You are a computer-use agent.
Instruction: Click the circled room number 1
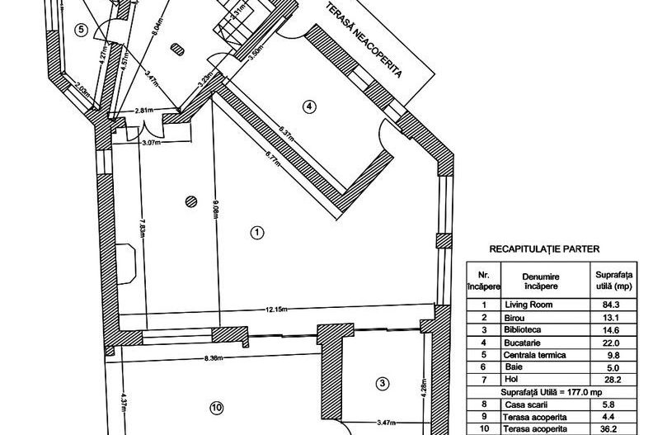tap(257, 232)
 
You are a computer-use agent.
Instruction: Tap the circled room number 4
tap(308, 106)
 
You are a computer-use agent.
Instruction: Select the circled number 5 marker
tap(81, 30)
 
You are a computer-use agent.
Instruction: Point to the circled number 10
tap(217, 408)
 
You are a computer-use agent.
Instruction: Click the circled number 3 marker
tap(383, 383)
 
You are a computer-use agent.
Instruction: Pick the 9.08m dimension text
tap(216, 209)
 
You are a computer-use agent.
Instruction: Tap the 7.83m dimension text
tap(143, 227)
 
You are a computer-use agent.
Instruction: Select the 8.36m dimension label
tap(214, 357)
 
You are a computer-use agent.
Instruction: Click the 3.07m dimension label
tap(151, 142)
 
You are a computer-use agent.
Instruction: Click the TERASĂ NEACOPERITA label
tap(364, 40)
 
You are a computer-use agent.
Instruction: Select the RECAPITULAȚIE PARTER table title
tap(544, 249)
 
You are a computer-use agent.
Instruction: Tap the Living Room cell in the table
tap(529, 305)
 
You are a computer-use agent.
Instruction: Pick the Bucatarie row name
tap(522, 343)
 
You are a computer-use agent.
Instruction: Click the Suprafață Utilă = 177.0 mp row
tap(552, 392)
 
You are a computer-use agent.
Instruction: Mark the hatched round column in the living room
tap(190, 201)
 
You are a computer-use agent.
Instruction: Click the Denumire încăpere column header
tap(541, 281)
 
